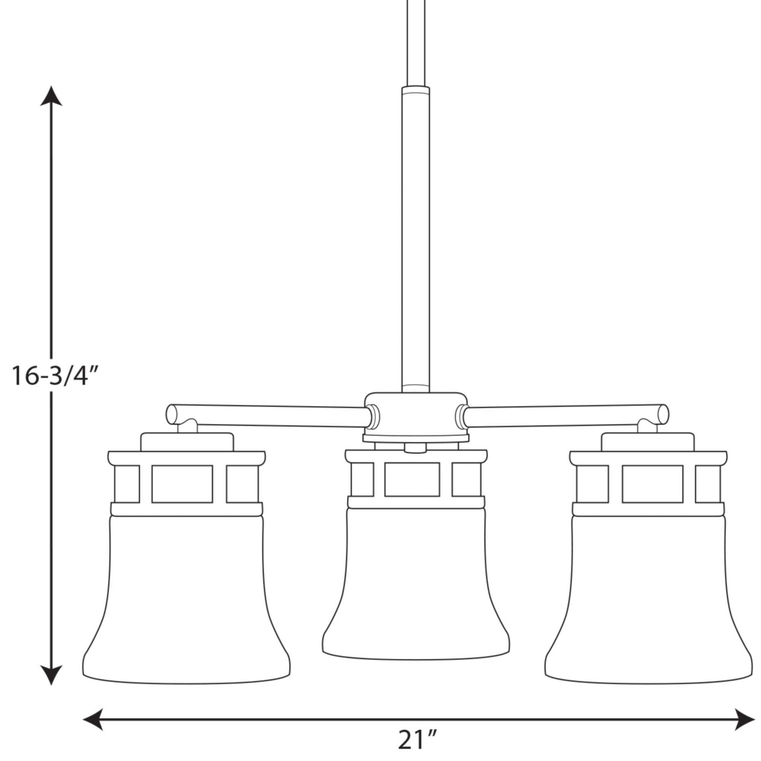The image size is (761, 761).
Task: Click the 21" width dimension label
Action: pyautogui.click(x=416, y=739)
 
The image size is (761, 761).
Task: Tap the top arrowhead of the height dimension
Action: pyautogui.click(x=51, y=96)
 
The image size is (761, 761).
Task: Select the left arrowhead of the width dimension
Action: pyautogui.click(x=93, y=719)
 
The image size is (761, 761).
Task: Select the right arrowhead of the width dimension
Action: pyautogui.click(x=745, y=719)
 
